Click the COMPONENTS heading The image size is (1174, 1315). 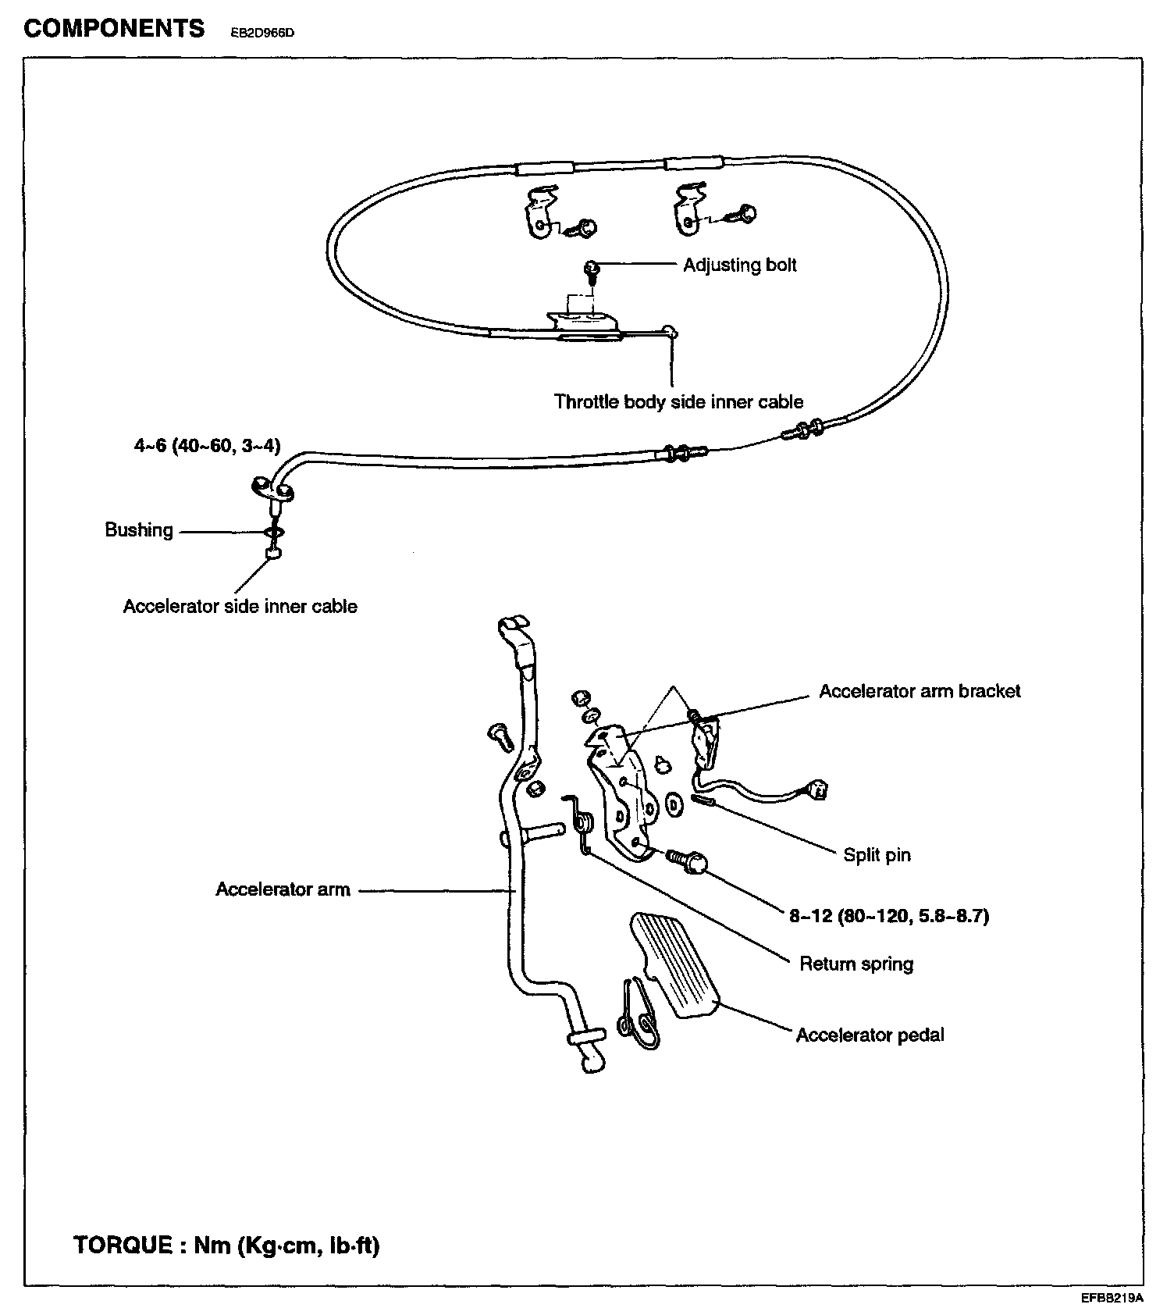[114, 29]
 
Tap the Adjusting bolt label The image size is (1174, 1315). [739, 265]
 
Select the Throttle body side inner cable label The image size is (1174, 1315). [678, 402]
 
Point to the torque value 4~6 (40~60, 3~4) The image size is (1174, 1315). [207, 446]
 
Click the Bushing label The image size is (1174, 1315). [139, 530]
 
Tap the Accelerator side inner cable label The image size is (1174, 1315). [240, 607]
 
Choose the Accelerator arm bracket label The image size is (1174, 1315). [920, 691]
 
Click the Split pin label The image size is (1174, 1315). [877, 855]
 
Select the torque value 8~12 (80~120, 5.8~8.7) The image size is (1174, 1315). [889, 916]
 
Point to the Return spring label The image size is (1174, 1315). [856, 964]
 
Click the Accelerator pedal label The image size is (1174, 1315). [870, 1035]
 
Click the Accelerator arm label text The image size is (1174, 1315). [283, 889]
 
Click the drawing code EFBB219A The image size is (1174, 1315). [1112, 1299]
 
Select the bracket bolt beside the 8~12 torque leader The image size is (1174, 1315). [688, 861]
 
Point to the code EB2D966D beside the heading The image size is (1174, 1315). [262, 34]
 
